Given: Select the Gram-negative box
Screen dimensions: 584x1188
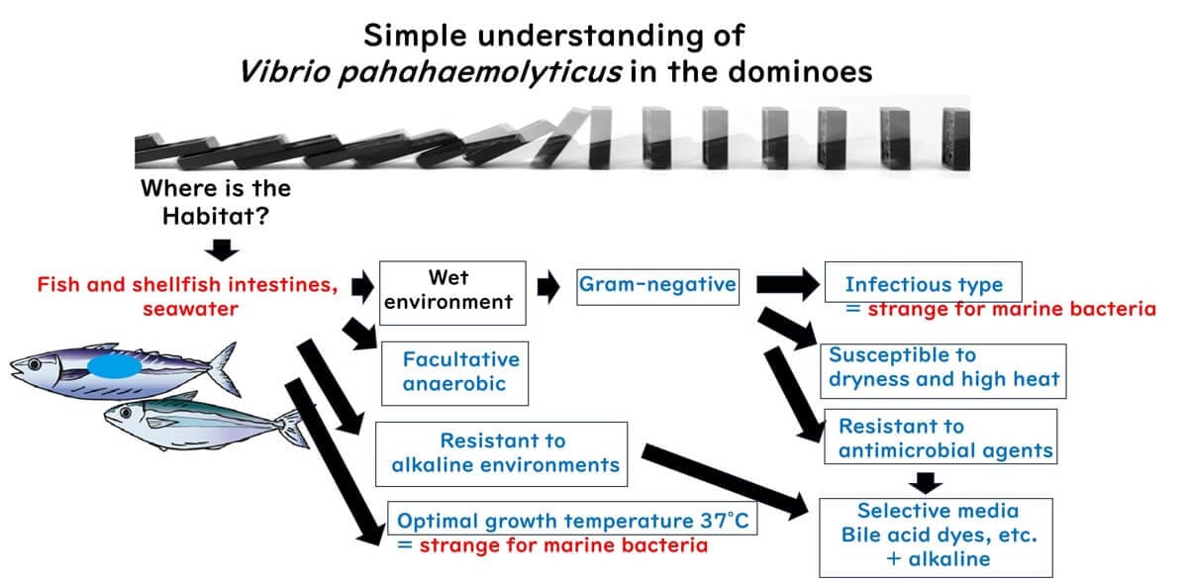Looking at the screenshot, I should coord(657,285).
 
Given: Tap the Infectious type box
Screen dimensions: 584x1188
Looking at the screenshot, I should coord(922,285).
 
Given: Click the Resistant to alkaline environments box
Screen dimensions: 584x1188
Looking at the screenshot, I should coord(504,452).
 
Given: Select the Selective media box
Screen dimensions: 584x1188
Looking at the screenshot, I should coord(936,535).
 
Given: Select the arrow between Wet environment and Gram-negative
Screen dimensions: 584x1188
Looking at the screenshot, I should coord(548,287).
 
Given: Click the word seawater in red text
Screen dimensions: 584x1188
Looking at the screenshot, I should coord(187,310).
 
